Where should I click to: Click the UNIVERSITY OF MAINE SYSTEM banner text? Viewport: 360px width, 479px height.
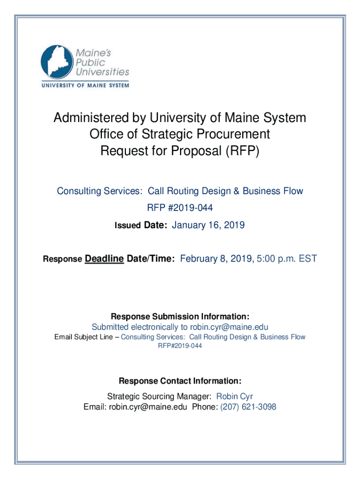[x=85, y=86]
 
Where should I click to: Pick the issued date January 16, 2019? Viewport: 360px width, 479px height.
[x=209, y=225]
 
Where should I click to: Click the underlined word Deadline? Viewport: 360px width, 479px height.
[x=104, y=259]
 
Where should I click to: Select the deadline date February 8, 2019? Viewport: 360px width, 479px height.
[x=216, y=259]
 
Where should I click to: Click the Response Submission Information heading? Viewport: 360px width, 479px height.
[x=180, y=316]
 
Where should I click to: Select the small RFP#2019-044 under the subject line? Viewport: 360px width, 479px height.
[x=180, y=346]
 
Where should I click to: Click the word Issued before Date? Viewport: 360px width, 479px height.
[x=128, y=226]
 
